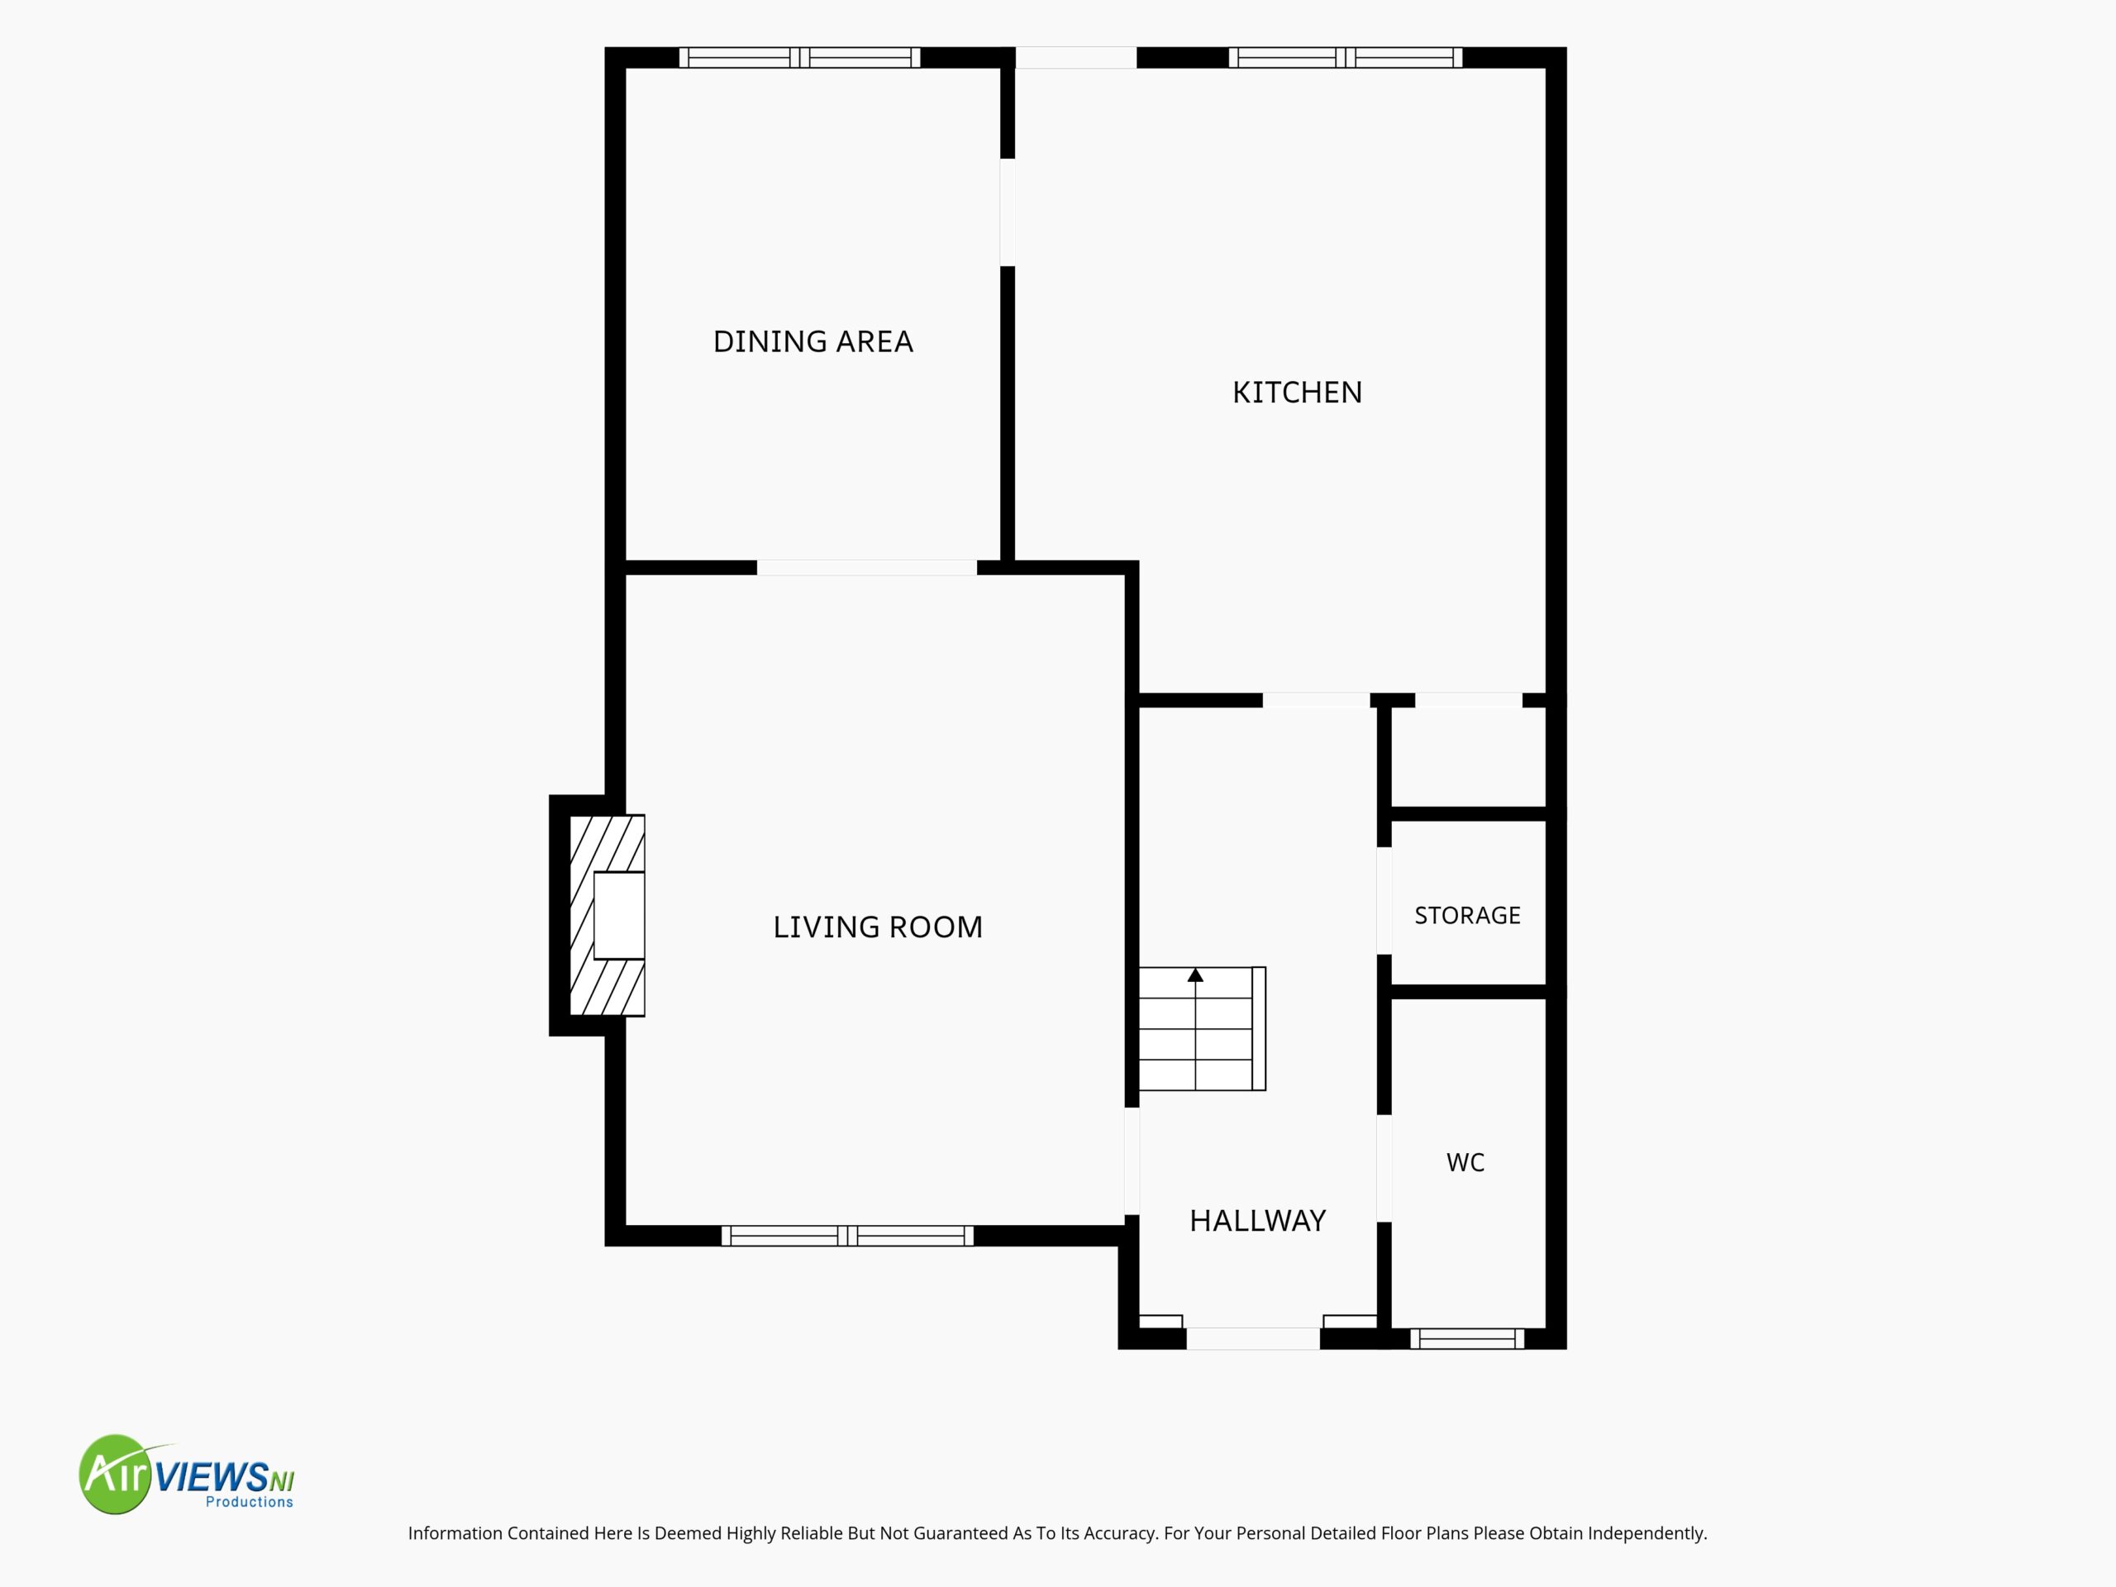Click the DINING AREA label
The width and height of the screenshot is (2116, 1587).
click(x=813, y=341)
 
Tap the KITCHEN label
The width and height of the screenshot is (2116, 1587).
click(x=1297, y=393)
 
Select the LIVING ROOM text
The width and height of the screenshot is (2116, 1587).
click(x=878, y=927)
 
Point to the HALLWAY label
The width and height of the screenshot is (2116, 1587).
click(x=1258, y=1221)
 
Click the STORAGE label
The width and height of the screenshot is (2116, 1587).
click(x=1467, y=916)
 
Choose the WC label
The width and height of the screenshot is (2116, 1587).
click(x=1465, y=1162)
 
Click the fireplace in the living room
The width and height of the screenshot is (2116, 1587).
click(x=608, y=916)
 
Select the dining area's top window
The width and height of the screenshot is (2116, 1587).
click(x=800, y=57)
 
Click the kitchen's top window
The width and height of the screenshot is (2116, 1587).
click(x=1345, y=57)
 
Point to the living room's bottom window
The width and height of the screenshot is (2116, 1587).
click(x=847, y=1236)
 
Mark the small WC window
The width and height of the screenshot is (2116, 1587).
click(x=1467, y=1339)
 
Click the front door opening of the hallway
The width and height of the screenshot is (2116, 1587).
click(x=1253, y=1339)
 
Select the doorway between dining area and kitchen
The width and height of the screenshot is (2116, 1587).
click(x=1008, y=212)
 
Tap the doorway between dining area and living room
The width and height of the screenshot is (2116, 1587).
click(x=867, y=568)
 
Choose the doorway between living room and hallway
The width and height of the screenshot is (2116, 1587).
click(x=1132, y=1161)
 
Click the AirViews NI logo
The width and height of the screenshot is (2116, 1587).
click(x=187, y=1474)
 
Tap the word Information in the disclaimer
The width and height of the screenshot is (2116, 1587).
click(x=455, y=1533)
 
